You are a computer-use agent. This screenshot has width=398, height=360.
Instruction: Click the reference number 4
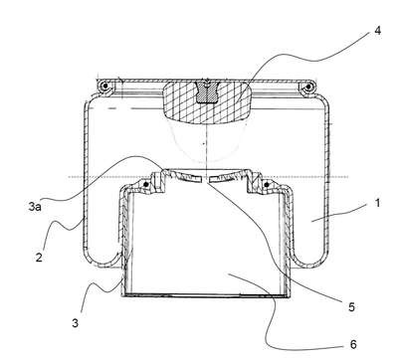point(377,31)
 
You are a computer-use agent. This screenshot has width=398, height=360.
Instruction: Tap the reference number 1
point(377,203)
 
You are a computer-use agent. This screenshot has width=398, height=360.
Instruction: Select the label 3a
point(35,207)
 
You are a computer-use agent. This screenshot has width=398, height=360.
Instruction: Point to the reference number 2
point(39,258)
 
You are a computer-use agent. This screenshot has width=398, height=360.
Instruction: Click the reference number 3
point(76,322)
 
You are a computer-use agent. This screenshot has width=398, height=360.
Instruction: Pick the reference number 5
point(351,307)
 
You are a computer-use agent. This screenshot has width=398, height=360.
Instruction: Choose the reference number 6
point(353,344)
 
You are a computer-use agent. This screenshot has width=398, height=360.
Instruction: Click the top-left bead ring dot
point(105,87)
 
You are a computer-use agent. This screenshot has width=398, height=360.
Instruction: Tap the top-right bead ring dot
point(308,87)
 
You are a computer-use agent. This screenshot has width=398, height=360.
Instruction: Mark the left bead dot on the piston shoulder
point(145,184)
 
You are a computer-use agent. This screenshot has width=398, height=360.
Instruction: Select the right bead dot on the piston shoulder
point(266,184)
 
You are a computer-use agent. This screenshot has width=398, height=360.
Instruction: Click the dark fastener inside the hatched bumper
point(206,91)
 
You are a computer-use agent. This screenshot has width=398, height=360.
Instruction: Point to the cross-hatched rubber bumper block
point(206,102)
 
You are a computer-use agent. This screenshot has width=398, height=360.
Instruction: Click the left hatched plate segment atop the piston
point(186,176)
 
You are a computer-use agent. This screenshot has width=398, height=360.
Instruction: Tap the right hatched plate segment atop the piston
point(226,176)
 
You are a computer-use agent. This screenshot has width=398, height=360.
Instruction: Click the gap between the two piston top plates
point(206,178)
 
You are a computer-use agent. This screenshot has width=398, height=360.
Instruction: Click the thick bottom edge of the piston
point(206,295)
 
